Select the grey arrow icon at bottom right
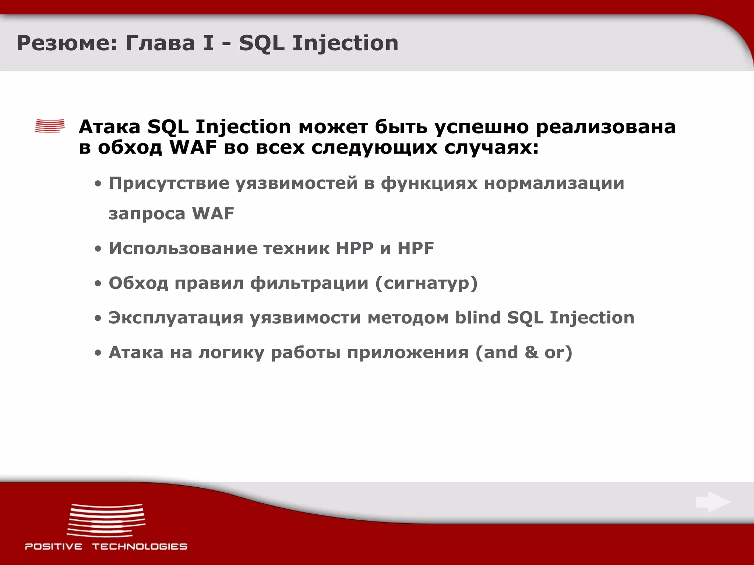pos(713,502)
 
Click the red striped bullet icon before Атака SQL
pos(50,126)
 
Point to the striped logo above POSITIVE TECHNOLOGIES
pos(106,520)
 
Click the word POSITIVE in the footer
pos(54,546)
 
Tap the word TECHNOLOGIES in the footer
pos(140,546)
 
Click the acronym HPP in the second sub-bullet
pos(355,248)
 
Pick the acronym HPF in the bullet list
pos(416,248)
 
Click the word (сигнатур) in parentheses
pos(426,283)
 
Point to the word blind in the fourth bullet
pos(478,317)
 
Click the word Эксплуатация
pos(176,318)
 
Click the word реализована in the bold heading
pos(606,127)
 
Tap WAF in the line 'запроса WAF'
pos(213,214)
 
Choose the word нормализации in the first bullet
pos(554,183)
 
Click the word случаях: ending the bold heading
pos(491,148)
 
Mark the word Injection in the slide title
pos(345,43)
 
